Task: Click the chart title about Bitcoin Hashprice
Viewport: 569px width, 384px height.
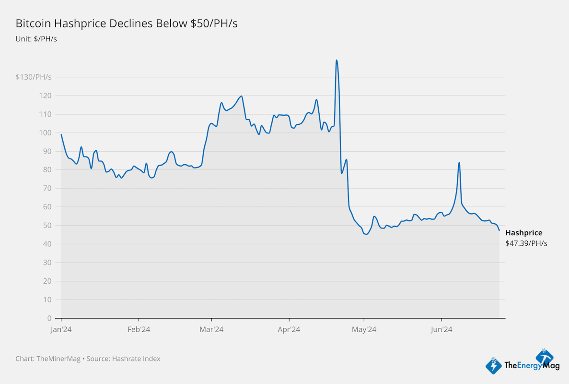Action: point(127,24)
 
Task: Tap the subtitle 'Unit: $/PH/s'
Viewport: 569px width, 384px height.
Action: point(36,38)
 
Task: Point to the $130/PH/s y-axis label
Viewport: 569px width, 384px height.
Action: point(34,77)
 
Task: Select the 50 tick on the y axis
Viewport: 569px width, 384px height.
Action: point(47,226)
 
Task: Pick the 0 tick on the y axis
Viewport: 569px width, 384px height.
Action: point(49,318)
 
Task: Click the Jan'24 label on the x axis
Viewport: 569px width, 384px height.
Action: point(61,329)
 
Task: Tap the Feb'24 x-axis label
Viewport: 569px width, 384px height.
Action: point(139,329)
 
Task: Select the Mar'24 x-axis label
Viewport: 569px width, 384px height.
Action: point(211,329)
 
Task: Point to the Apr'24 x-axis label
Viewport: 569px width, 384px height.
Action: point(289,329)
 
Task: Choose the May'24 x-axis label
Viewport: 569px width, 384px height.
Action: point(364,329)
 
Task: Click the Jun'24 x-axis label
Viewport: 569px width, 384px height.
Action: point(441,329)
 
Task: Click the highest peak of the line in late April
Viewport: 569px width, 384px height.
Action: point(337,60)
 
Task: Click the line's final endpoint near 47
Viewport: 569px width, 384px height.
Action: point(499,230)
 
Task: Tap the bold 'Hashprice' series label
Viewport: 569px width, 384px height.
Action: point(524,233)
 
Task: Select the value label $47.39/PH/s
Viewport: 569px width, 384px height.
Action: point(526,243)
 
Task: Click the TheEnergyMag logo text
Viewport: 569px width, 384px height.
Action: point(526,366)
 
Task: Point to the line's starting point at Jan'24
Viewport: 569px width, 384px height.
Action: point(61,134)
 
